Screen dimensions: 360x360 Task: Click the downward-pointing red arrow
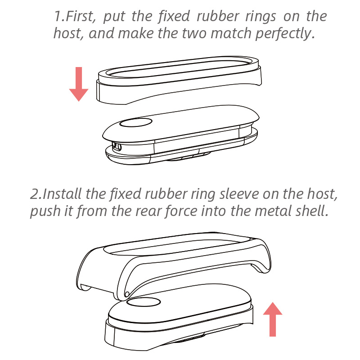78,84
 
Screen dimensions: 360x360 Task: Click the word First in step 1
81,17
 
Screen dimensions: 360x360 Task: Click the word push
44,211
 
